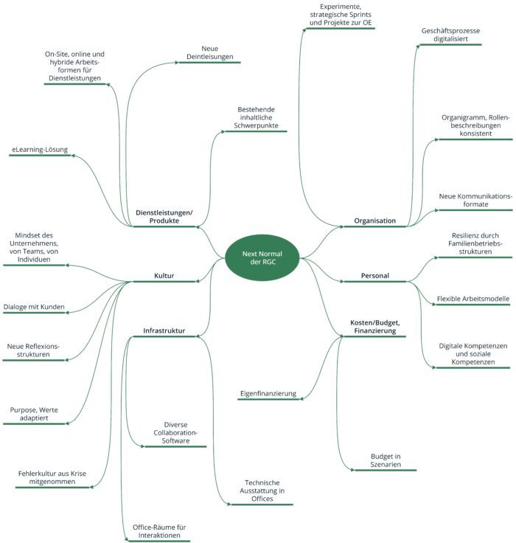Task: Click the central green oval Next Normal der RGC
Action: point(262,257)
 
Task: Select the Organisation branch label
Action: point(374,221)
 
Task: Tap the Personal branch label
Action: point(374,276)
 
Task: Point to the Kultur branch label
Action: point(164,276)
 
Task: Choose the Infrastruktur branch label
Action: point(164,331)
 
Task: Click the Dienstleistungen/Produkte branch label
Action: point(164,216)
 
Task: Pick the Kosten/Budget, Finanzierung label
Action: point(374,327)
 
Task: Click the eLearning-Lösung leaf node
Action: point(40,150)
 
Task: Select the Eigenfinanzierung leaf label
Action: point(268,393)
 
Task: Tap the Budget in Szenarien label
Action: point(386,460)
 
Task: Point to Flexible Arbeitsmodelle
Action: point(473,299)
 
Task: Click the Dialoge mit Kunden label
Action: point(34,307)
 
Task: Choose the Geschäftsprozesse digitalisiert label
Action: point(450,35)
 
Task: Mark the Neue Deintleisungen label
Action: point(210,52)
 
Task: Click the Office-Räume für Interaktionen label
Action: point(159,531)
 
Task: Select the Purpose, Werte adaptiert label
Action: point(34,414)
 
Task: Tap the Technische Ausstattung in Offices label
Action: point(262,491)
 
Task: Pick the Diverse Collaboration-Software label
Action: point(175,432)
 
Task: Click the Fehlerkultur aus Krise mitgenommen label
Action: point(52,477)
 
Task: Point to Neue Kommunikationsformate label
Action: point(475,200)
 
